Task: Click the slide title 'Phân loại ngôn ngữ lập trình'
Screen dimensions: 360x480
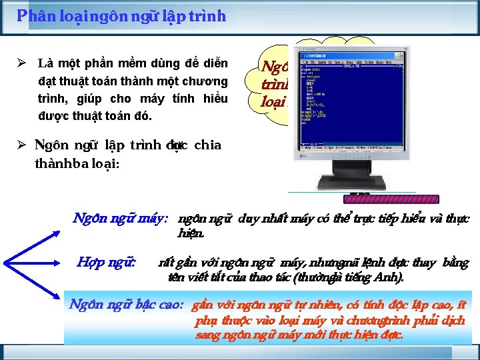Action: (x=121, y=16)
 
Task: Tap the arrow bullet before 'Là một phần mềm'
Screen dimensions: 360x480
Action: (x=21, y=64)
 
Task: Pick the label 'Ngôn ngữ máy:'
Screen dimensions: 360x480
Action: (x=120, y=218)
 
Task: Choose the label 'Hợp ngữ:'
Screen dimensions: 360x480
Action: (x=107, y=262)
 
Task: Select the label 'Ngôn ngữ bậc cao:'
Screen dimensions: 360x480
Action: (x=126, y=305)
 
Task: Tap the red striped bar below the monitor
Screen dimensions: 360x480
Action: (x=394, y=198)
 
